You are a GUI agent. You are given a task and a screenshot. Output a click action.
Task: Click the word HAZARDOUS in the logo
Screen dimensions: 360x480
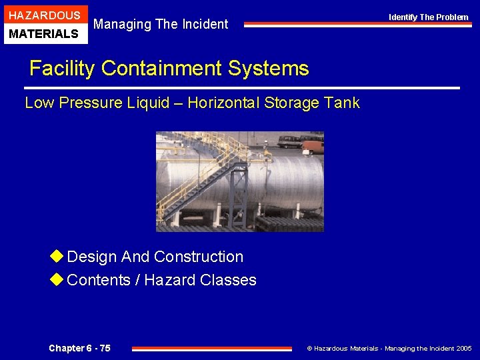click(45, 15)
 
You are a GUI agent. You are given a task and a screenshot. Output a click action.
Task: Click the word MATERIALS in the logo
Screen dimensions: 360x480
click(45, 33)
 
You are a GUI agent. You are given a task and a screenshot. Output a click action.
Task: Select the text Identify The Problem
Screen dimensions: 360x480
click(429, 17)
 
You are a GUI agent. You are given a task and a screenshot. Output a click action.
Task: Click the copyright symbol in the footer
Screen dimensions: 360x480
click(309, 348)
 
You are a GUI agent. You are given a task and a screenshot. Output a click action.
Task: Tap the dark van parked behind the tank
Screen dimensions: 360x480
click(289, 141)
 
